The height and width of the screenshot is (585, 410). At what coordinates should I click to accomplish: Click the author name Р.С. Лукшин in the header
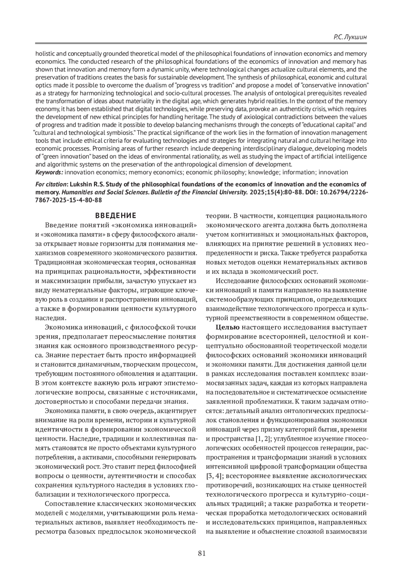click(x=349, y=37)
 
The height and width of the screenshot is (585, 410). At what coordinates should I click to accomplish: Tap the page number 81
click(x=202, y=554)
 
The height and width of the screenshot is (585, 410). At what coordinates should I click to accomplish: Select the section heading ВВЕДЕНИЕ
click(x=115, y=216)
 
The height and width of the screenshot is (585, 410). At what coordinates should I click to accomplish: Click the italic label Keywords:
click(x=49, y=172)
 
